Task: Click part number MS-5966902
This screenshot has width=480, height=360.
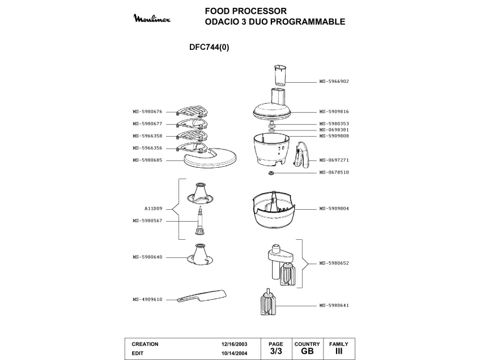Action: coord(333,81)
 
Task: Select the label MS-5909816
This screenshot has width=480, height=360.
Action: coord(333,112)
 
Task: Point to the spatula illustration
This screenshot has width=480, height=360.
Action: coord(202,295)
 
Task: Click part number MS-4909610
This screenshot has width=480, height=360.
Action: coord(147,299)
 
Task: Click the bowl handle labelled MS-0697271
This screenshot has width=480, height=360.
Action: coord(301,155)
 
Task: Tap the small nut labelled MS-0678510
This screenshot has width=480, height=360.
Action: coord(271,172)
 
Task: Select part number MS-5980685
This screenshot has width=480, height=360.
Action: coord(147,160)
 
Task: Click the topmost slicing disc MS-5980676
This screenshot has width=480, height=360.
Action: coord(192,111)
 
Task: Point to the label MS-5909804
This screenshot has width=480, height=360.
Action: coord(333,209)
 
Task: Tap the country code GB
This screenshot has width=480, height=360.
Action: coord(307,351)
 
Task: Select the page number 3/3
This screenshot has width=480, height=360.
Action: coord(275,351)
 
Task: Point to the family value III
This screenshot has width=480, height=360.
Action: coord(339,351)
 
